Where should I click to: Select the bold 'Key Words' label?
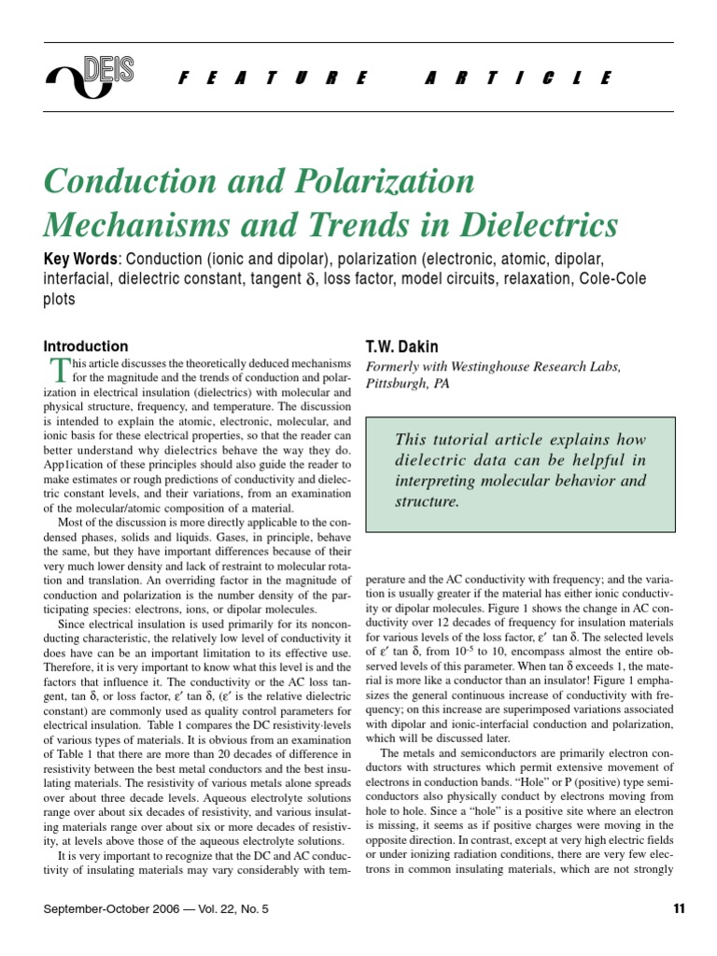[80, 258]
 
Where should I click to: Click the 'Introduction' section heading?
[86, 346]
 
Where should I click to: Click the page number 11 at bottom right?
[679, 908]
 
